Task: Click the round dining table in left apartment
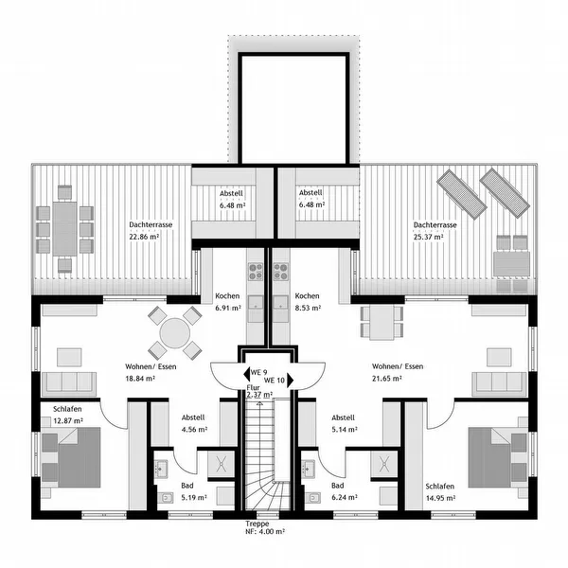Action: pyautogui.click(x=175, y=333)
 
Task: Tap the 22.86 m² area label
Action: pyautogui.click(x=144, y=237)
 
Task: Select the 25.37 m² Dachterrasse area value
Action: pyautogui.click(x=429, y=237)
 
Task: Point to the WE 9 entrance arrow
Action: pyautogui.click(x=247, y=374)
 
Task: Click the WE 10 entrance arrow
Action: pyautogui.click(x=291, y=381)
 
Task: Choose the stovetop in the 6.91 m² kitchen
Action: pyautogui.click(x=256, y=272)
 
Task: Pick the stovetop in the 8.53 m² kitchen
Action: pyautogui.click(x=281, y=272)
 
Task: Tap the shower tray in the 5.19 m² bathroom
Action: pyautogui.click(x=221, y=464)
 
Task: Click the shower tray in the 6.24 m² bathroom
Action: pyautogui.click(x=384, y=464)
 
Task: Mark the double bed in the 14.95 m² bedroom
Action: pyautogui.click(x=497, y=457)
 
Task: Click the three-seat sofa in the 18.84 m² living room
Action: pyautogui.click(x=69, y=384)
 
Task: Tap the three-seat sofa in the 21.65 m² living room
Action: pyautogui.click(x=499, y=384)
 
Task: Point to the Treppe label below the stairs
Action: pyautogui.click(x=257, y=524)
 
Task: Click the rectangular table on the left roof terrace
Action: pyautogui.click(x=64, y=229)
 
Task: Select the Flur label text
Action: pyautogui.click(x=253, y=388)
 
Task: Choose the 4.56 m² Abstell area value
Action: pyautogui.click(x=194, y=430)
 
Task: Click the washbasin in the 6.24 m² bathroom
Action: pyautogui.click(x=309, y=470)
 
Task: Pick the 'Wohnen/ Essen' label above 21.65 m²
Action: pyautogui.click(x=398, y=366)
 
